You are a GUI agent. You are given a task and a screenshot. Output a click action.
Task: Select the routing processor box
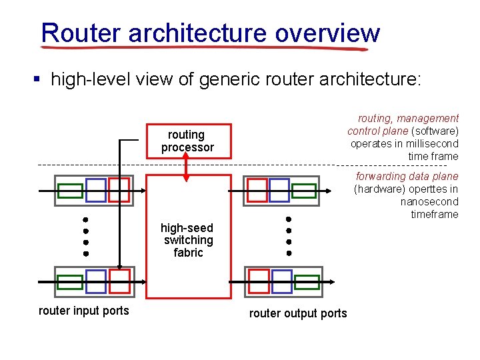188,141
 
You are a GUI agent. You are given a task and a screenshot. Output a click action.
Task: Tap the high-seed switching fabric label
188,240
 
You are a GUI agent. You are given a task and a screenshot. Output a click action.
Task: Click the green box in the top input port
70,191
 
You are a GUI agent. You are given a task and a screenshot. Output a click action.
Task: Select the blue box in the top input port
96,190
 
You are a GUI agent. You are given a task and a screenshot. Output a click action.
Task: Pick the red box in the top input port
119,190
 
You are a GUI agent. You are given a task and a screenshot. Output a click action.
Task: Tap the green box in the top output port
304,191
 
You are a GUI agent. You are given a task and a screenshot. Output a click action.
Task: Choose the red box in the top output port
257,190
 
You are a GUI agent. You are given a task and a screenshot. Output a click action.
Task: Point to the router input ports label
84,311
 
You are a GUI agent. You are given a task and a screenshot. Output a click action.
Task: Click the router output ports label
298,313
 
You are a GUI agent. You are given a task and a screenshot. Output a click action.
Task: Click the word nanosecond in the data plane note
429,201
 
